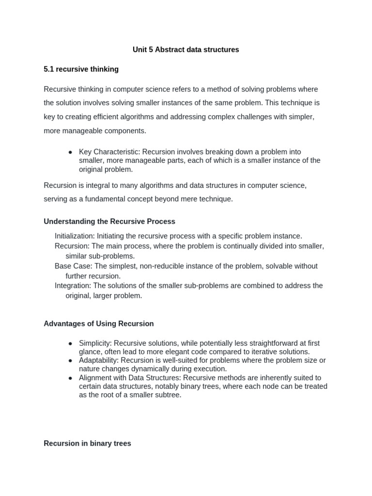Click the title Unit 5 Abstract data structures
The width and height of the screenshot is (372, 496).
point(186,50)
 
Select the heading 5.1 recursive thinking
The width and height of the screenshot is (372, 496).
point(81,69)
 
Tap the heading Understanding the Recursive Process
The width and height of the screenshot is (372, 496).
point(109,221)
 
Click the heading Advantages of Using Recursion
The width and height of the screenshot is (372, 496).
point(99,324)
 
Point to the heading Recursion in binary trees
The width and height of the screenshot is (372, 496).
point(87,443)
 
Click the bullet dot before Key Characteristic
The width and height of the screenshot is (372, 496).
point(70,152)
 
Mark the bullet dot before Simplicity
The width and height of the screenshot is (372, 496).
point(70,343)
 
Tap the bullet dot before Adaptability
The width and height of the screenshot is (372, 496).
point(70,361)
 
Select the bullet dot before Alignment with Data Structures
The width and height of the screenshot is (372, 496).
point(70,378)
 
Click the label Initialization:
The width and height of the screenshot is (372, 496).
point(75,236)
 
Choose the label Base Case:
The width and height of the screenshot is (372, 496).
point(73,266)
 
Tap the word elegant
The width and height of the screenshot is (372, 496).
point(192,352)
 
